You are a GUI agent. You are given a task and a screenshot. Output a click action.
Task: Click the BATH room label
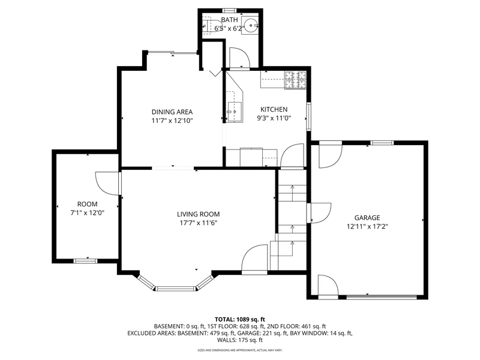[229, 20]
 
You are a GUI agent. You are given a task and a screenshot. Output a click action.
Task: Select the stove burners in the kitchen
[296, 80]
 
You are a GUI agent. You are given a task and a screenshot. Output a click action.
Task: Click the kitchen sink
[234, 112]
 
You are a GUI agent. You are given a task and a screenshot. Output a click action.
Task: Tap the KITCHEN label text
[274, 110]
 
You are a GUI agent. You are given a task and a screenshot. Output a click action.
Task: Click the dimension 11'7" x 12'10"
[172, 121]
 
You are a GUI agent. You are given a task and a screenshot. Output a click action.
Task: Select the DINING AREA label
[172, 112]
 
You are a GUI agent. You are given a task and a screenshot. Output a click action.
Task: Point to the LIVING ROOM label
[199, 214]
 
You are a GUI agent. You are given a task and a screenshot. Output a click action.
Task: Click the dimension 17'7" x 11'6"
[199, 223]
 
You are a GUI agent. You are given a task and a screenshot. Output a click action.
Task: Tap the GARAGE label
[367, 218]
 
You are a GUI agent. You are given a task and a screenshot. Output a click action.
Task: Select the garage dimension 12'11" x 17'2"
[367, 227]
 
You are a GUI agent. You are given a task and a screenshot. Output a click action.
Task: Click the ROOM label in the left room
[87, 204]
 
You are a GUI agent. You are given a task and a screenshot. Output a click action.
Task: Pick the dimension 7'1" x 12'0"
[87, 213]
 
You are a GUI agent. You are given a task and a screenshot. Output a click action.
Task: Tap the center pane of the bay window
[176, 289]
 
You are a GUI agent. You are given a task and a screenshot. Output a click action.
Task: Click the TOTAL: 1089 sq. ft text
[239, 320]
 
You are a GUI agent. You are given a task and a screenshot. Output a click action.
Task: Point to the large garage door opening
[382, 296]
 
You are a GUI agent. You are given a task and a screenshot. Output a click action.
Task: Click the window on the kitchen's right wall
[309, 116]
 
